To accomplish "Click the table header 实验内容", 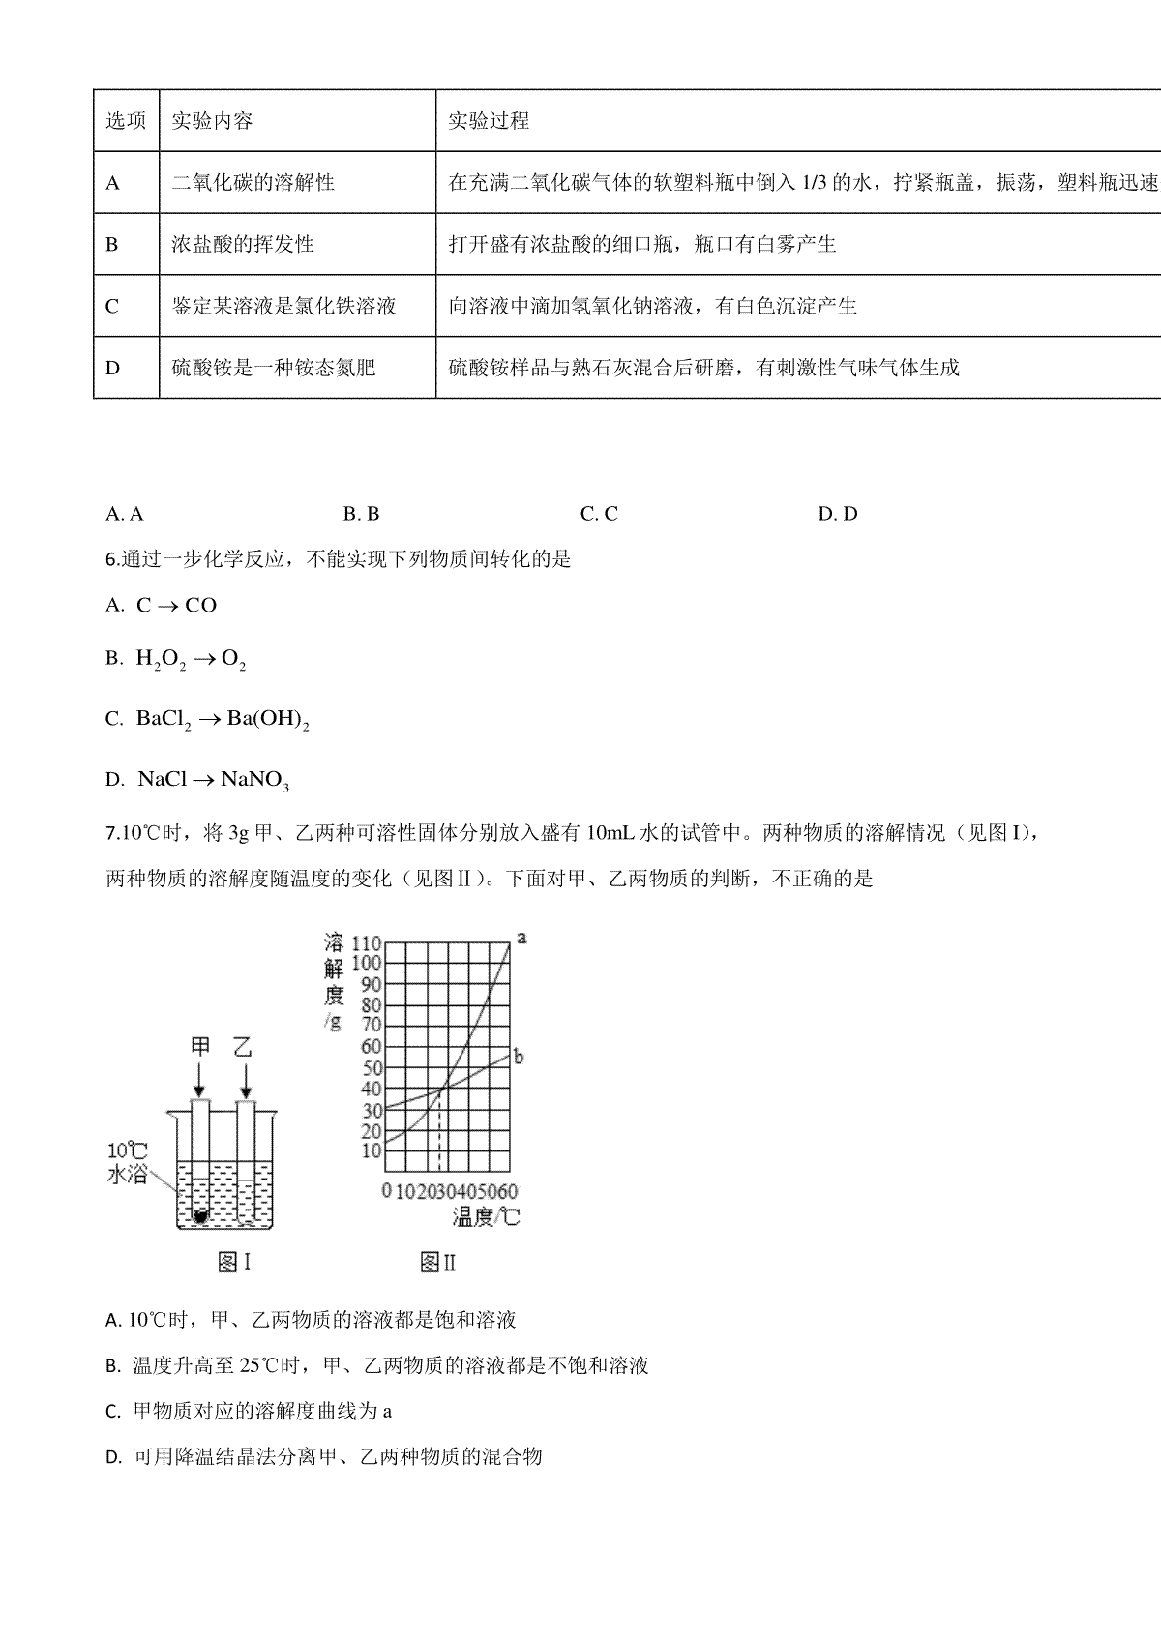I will [x=212, y=120].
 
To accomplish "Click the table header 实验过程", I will [x=489, y=120].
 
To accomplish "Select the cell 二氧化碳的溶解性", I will [x=253, y=182].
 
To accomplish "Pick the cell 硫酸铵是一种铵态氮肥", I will [x=273, y=368].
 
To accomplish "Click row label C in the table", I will [x=112, y=306].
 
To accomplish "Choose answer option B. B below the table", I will [x=360, y=514].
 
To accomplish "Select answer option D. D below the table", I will [x=837, y=514].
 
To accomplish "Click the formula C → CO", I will [x=176, y=606].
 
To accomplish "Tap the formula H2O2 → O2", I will [x=191, y=660].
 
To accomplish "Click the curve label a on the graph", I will [x=521, y=938].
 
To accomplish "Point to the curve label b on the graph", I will [x=519, y=1057].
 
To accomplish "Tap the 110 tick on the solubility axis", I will [x=367, y=943].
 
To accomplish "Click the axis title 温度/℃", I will [x=486, y=1216].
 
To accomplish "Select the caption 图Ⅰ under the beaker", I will [x=235, y=1262].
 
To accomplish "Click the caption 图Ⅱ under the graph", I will [x=438, y=1262].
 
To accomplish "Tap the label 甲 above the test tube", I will [x=200, y=1048].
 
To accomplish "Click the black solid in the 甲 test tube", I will [x=200, y=1216].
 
